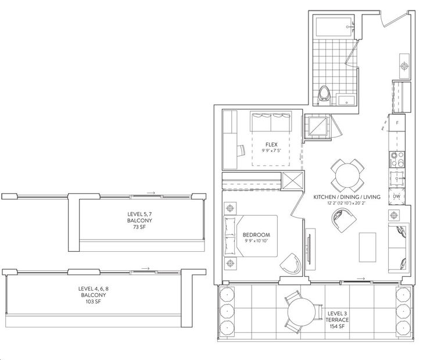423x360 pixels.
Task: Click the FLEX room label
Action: [271, 144]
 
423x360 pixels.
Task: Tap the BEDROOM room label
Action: [256, 235]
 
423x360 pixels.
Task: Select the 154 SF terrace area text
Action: [337, 326]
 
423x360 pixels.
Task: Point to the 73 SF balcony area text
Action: [139, 227]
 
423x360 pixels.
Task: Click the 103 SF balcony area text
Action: [93, 301]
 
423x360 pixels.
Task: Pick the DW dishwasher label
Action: [396, 197]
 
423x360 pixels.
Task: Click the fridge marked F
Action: [397, 123]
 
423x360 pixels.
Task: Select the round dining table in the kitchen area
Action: [347, 176]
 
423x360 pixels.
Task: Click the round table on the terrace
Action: [302, 312]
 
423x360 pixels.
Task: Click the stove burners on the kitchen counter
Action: [397, 159]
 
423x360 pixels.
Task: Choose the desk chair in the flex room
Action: [242, 150]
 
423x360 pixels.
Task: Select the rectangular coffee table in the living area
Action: [367, 247]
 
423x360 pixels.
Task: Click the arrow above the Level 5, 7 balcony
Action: [151, 193]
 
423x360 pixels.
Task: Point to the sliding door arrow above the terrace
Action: [361, 279]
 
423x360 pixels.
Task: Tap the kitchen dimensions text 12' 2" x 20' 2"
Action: [346, 203]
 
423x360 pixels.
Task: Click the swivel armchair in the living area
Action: [344, 220]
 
